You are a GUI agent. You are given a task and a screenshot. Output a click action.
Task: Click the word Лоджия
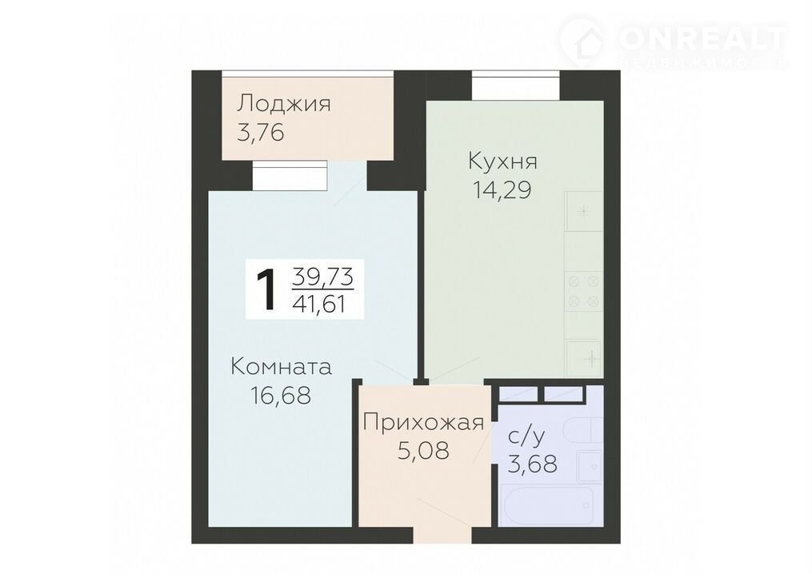point(283,103)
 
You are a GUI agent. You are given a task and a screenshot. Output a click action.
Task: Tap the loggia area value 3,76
point(261,133)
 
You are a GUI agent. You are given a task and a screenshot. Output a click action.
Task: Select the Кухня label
point(502,161)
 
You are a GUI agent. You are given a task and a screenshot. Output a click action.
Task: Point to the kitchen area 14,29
point(502,190)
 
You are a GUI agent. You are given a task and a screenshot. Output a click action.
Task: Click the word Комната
point(281,367)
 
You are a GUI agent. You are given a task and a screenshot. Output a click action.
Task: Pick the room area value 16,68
point(281,396)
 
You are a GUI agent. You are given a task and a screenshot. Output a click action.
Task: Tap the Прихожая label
point(424,422)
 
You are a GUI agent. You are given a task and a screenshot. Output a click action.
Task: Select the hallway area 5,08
point(423,451)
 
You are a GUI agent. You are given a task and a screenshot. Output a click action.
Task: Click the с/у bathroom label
point(526,436)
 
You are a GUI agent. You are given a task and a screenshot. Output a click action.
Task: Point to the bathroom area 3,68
point(532,464)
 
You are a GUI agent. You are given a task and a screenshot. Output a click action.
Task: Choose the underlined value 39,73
point(322,277)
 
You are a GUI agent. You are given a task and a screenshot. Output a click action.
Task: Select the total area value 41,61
point(319,304)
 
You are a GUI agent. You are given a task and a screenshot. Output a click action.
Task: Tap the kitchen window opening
point(516,86)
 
